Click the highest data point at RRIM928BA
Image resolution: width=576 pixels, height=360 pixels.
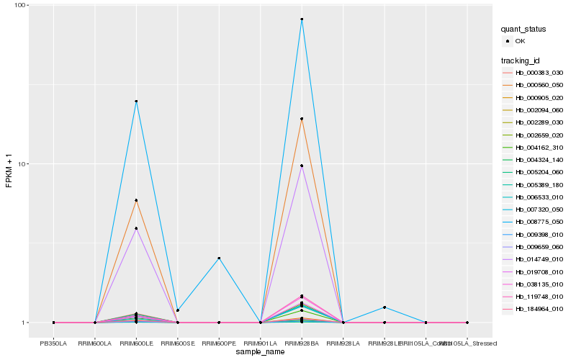(302, 19)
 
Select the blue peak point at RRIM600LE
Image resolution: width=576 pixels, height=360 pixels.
(136, 102)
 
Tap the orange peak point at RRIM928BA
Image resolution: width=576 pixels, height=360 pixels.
(302, 119)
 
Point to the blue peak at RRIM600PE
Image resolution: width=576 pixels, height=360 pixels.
(219, 258)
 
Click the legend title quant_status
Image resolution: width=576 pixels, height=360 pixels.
(523, 29)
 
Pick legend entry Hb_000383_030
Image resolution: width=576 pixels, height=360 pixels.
(539, 73)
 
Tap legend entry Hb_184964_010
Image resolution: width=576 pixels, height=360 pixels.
(539, 309)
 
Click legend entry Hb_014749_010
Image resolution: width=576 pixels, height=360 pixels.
(539, 259)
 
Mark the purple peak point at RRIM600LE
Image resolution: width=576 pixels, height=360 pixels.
(136, 228)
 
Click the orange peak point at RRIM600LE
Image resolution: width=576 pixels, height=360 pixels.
(136, 200)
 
